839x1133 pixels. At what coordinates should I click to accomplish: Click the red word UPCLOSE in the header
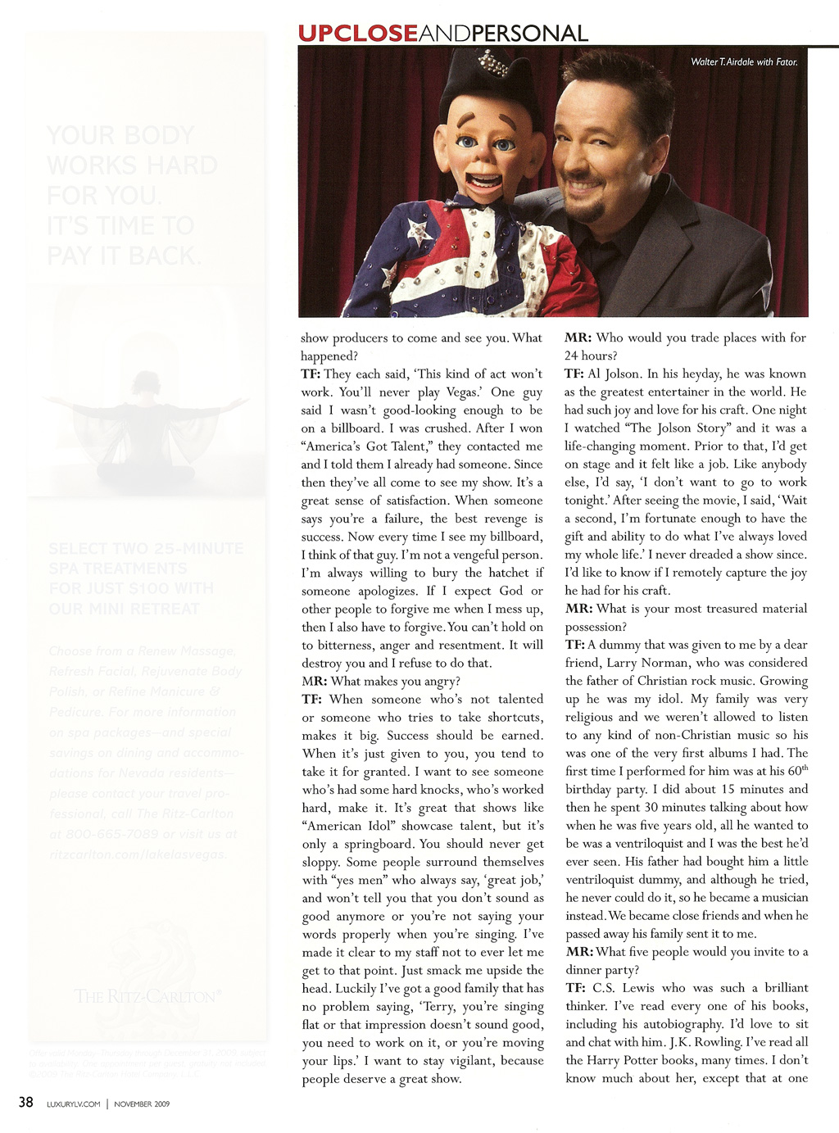tap(357, 33)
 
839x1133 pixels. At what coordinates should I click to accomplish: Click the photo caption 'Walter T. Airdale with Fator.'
tap(743, 61)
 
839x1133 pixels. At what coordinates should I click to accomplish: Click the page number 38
tap(26, 1102)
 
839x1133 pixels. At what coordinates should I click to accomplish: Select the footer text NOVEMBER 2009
tap(142, 1104)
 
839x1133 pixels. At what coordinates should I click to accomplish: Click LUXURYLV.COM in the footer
tap(74, 1104)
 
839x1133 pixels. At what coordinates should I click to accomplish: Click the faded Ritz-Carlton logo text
tap(147, 996)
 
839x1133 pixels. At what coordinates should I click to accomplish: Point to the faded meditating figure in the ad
tap(146, 426)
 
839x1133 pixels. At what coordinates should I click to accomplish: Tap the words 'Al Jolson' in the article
tap(615, 374)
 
